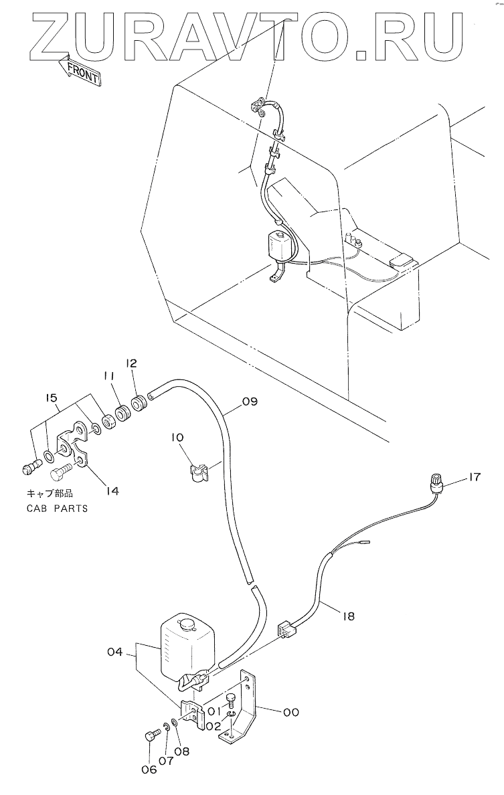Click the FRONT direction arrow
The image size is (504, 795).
(x=79, y=70)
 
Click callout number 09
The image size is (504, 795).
(x=250, y=402)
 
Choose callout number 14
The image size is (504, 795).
(x=112, y=491)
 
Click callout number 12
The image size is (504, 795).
(x=131, y=363)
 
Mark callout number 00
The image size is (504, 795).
(x=290, y=713)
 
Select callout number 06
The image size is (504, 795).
(x=149, y=770)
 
